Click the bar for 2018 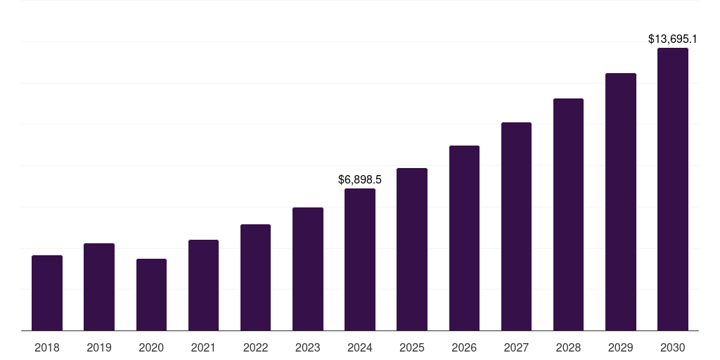tap(47, 292)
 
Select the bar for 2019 tap(99, 287)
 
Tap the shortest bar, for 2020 tap(151, 295)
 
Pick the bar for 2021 tap(203, 285)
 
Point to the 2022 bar tap(255, 277)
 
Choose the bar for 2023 tap(308, 269)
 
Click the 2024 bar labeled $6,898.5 tap(360, 259)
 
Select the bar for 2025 tap(412, 249)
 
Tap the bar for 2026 tap(464, 238)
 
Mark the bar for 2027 tap(516, 226)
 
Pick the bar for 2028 tap(568, 214)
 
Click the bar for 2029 tap(621, 202)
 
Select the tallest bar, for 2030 tap(673, 189)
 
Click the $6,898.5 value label tap(360, 180)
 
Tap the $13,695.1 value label tap(673, 39)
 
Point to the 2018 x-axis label tap(47, 347)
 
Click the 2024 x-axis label tap(360, 347)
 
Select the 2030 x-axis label tap(673, 347)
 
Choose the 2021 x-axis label tap(203, 347)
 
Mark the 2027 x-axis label tap(516, 347)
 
